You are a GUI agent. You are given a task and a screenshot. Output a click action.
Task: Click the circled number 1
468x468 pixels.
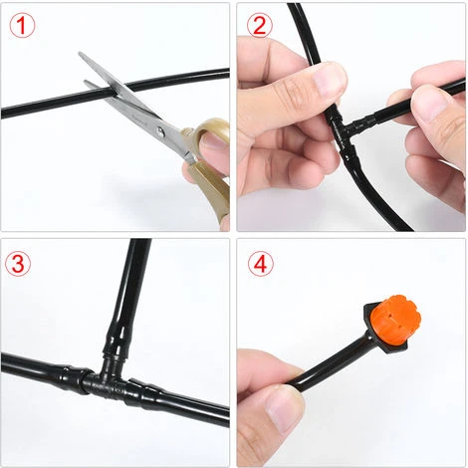point(22,26)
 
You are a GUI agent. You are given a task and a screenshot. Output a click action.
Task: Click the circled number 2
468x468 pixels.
point(260,26)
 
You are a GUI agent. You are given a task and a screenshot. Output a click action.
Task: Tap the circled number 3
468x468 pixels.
point(18,264)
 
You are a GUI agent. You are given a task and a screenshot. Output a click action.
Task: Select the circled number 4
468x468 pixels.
point(260,264)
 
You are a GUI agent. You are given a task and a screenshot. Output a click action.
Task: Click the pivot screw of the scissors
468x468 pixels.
point(160,131)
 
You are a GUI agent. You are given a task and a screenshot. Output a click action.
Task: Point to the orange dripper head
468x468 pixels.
point(395,320)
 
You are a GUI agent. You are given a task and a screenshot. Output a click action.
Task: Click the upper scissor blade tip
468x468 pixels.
point(80,53)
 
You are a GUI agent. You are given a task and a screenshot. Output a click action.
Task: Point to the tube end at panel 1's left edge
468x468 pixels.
point(4,113)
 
